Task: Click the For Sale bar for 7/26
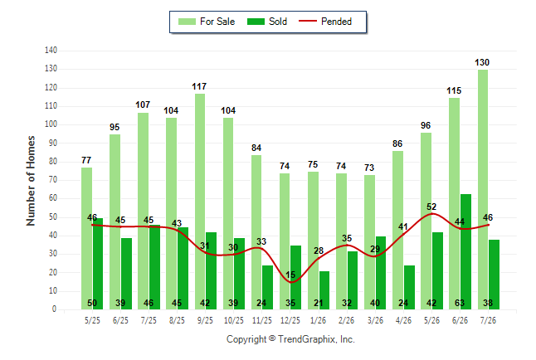(x=483, y=190)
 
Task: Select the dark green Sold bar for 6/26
(x=465, y=252)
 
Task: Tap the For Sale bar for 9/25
(x=200, y=202)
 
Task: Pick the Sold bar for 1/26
(x=324, y=290)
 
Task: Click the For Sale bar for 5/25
(x=86, y=239)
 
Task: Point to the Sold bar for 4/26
(x=410, y=288)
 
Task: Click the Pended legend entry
(x=325, y=22)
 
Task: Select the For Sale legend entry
(x=207, y=22)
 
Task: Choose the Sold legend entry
(x=267, y=22)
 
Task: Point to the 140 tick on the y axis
(x=51, y=51)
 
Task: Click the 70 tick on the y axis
(x=52, y=180)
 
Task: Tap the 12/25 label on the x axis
(x=290, y=320)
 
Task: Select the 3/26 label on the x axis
(x=375, y=320)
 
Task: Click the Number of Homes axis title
(x=31, y=181)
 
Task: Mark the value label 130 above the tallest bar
(x=482, y=62)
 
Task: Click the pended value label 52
(x=431, y=207)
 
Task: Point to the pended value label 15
(x=290, y=275)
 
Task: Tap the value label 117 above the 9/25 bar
(x=199, y=86)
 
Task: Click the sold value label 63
(x=460, y=303)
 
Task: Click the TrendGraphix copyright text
(x=290, y=339)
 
